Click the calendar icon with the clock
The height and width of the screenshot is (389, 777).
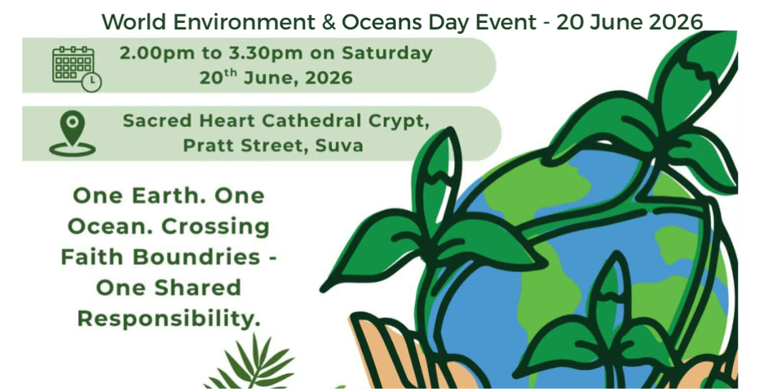click(77, 68)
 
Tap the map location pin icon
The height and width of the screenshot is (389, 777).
click(72, 133)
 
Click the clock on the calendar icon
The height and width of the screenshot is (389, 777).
click(92, 83)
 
